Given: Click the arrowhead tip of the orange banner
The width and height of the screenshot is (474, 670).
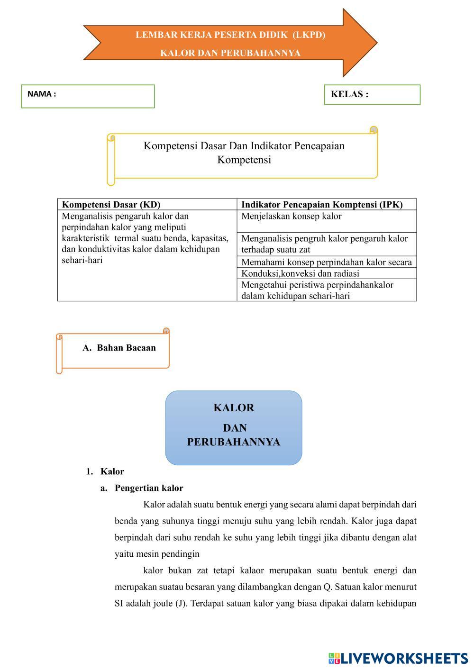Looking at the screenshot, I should coord(376,43).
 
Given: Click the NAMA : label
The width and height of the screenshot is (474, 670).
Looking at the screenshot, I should coord(42,94).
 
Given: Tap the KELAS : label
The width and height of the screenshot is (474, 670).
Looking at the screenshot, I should coord(349,94).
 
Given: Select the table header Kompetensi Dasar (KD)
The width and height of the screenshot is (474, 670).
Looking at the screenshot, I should coord(111,205).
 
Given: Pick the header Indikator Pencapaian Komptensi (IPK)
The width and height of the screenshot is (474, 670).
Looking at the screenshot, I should coord(322,205).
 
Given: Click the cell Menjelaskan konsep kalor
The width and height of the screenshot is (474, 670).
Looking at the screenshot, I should coord(292,217).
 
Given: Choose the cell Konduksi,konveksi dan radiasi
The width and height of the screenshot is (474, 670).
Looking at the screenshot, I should coord(300,273).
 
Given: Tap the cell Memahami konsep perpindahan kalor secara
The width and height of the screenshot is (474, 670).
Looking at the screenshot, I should coord(327,262).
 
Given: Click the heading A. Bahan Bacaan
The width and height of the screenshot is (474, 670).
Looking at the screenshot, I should coord(119,348).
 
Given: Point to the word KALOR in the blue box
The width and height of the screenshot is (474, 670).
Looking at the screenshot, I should coord(234,408).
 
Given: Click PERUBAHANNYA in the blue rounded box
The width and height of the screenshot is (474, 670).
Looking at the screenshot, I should coord(234,442).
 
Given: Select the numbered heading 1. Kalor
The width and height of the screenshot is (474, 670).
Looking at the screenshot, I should coord(105,471).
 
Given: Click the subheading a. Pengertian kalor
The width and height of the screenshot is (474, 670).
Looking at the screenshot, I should coord(142,488).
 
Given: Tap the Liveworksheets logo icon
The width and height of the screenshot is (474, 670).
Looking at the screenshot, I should coord(334,658).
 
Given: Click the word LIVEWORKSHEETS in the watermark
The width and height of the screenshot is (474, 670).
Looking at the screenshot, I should coord(404,658).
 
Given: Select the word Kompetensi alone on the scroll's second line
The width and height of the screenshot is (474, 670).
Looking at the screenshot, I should coord(244,160).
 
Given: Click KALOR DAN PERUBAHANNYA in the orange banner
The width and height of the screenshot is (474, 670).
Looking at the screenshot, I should coord(230,53).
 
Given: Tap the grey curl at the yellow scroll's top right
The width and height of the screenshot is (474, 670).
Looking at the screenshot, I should coord(374,130).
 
